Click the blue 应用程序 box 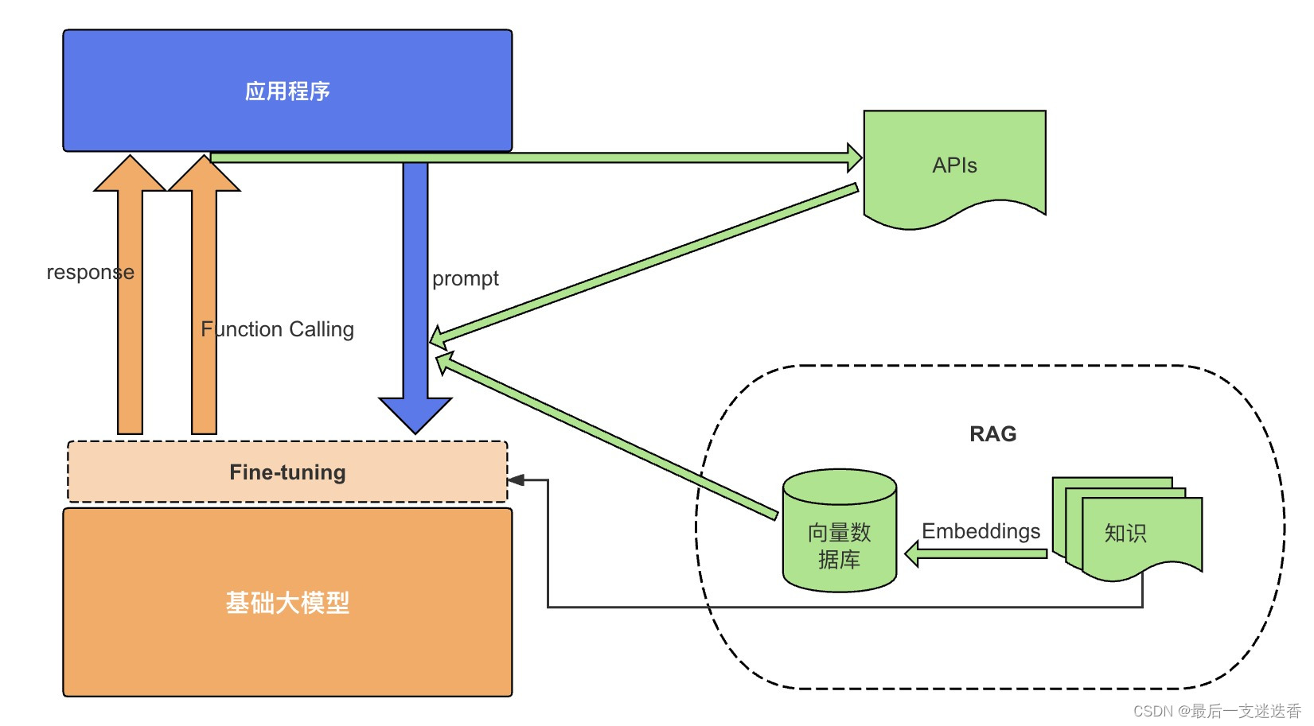[x=287, y=90]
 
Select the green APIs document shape [x=954, y=169]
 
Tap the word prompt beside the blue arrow [x=465, y=279]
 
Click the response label [x=91, y=273]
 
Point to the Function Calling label [x=278, y=329]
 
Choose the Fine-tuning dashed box [x=287, y=472]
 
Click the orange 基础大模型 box [x=287, y=603]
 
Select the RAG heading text [x=992, y=433]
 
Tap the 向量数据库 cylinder [x=840, y=530]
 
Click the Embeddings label [x=981, y=531]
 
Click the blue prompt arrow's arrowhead [x=415, y=415]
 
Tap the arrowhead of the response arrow [x=130, y=173]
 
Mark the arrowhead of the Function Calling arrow [x=204, y=173]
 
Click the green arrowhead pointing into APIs [x=855, y=157]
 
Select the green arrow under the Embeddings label [x=976, y=553]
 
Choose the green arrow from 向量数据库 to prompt [x=607, y=436]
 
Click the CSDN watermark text [x=1217, y=711]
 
